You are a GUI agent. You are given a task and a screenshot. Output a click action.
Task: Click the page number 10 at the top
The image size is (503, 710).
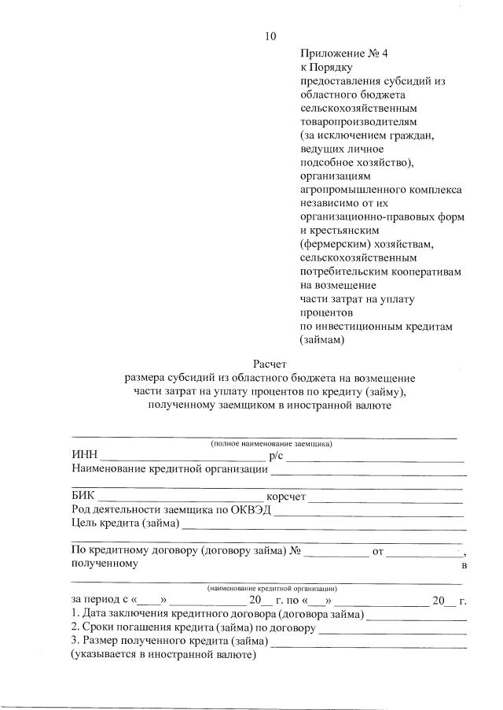click(271, 36)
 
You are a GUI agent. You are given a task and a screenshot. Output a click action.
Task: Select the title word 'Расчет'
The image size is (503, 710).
click(270, 364)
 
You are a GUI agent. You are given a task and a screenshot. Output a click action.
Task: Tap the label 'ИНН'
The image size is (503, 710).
click(83, 456)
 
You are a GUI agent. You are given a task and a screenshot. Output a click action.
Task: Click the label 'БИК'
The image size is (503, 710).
click(83, 496)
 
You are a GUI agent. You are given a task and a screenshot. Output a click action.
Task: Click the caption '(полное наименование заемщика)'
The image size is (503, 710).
click(270, 444)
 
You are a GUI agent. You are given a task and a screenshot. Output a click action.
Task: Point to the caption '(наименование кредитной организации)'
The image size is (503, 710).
click(272, 588)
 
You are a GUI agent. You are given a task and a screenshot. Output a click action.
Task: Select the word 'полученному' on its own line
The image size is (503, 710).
click(105, 564)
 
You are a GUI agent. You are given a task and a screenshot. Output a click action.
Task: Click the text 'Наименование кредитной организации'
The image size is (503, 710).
click(168, 470)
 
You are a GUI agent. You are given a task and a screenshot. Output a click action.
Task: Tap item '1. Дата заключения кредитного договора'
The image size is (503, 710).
click(216, 614)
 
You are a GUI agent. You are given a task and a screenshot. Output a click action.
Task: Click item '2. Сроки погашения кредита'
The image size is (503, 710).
click(193, 627)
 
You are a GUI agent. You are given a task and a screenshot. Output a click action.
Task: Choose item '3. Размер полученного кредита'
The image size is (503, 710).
click(168, 641)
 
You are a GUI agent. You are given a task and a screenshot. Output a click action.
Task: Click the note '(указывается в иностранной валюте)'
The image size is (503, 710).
click(163, 654)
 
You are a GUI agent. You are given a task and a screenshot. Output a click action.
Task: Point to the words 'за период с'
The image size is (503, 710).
click(101, 601)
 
